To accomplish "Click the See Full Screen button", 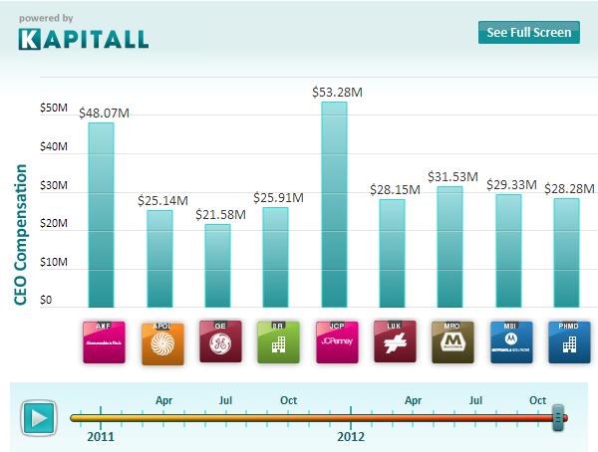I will tap(528, 32).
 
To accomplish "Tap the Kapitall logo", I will tap(84, 39).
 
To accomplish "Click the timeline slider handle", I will tap(559, 418).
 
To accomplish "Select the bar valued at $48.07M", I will tap(102, 214).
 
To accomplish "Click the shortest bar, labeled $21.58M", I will tap(217, 266).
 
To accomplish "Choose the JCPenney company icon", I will tap(335, 341).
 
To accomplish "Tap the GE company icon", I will tap(219, 341).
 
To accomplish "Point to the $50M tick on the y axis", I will tap(54, 109).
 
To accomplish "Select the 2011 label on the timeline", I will tap(101, 436).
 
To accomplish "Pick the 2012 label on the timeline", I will tap(351, 436).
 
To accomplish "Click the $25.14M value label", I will tap(159, 201).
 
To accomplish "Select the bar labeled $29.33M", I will tap(508, 250).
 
